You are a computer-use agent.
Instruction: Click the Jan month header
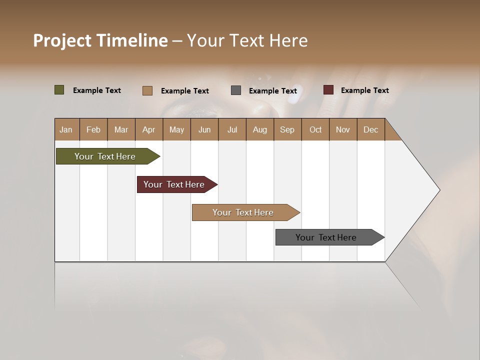pos(66,129)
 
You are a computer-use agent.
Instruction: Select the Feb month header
pos(93,129)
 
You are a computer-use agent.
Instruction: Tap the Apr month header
pos(149,129)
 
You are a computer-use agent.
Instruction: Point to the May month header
pos(176,129)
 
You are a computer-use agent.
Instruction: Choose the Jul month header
pos(232,129)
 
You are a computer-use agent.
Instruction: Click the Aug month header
pos(259,129)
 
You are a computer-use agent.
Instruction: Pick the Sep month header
pos(287,129)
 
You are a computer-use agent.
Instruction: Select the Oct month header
pos(315,129)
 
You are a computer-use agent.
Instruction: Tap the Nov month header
pos(343,129)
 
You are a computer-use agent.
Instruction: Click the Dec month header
pos(370,129)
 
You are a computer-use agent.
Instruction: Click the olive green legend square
pos(59,90)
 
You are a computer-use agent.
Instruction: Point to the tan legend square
pos(147,90)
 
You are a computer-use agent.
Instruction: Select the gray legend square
pos(236,90)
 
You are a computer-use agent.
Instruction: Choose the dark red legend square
pos(328,90)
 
